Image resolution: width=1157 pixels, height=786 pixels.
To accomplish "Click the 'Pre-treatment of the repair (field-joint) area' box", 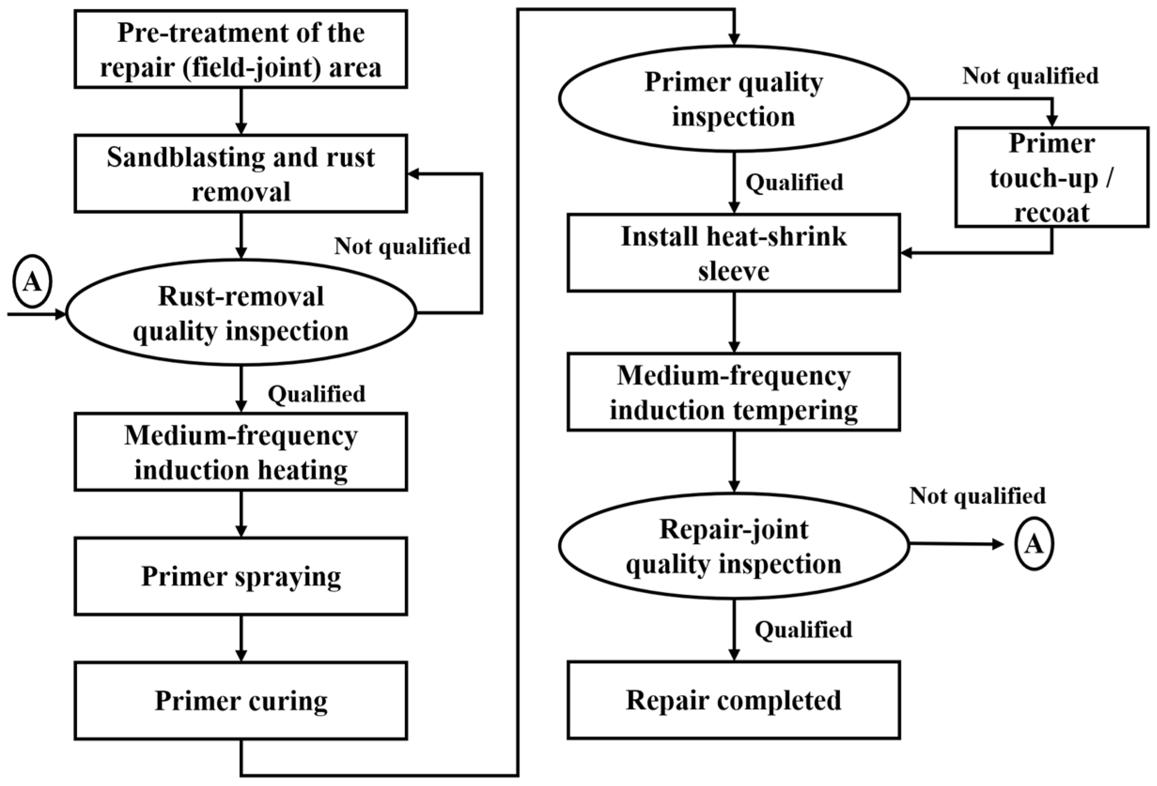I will coord(241,49).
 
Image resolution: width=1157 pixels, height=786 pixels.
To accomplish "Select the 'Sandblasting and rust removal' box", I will coord(241,174).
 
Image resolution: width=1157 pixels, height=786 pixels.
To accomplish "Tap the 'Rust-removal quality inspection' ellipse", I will coord(241,313).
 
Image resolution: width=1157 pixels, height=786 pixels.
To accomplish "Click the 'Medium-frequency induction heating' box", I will coord(241,452).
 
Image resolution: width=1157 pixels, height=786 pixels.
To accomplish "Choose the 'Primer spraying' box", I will coord(241,576).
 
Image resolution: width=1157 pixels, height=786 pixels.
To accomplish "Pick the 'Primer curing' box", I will coord(241,701).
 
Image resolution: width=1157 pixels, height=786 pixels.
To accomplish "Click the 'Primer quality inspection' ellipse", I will coord(733,99).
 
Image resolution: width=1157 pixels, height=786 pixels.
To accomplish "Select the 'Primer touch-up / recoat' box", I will coord(1051,177).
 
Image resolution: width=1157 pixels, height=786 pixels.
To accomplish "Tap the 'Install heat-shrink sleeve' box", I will coord(733,253).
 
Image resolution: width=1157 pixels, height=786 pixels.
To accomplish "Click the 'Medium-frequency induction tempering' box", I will coord(733,392).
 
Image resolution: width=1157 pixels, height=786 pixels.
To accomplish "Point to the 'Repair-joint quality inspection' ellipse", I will coord(733,546).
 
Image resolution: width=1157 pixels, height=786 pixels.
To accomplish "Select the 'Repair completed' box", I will coord(733,700).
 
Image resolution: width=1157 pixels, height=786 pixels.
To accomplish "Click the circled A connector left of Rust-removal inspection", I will coord(32,282).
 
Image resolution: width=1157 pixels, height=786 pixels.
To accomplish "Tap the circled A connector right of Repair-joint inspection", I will coord(1033,544).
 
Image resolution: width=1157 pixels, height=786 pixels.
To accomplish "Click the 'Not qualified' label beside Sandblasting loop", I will coord(402,246).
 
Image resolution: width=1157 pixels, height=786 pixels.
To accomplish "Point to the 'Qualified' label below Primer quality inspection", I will coord(794,182).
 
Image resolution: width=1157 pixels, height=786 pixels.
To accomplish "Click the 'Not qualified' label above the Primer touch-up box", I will coord(1030,76).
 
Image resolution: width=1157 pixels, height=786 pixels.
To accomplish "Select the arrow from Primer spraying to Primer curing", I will coord(241,638).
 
